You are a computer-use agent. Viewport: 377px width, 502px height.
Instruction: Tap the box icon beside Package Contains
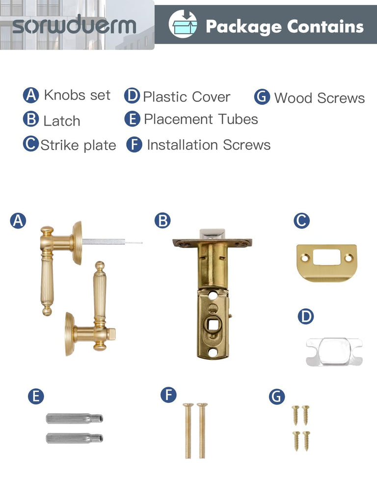pos(183,24)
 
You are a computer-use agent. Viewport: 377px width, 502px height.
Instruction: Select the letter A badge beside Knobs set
pos(31,95)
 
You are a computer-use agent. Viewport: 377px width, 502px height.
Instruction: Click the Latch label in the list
pos(61,121)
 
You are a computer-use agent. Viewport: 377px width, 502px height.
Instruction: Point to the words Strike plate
pos(78,145)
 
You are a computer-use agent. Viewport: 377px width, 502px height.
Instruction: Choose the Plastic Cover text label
pos(187,97)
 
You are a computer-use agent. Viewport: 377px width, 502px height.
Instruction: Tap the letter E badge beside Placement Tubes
pos(133,119)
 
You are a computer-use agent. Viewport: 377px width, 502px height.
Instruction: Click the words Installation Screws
pos(209,145)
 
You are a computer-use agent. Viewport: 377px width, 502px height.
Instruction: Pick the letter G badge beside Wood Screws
pos(262,97)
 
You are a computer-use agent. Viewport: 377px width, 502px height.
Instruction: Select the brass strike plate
pos(326,263)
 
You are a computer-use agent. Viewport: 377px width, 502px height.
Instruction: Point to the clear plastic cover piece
pos(334,352)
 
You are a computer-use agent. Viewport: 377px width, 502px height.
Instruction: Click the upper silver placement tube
pos(75,419)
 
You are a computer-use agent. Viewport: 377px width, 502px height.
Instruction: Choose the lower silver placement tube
pos(75,438)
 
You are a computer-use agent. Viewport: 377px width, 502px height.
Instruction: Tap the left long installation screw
pos(188,430)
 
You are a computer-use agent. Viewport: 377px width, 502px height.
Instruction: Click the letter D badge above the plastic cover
pos(305,316)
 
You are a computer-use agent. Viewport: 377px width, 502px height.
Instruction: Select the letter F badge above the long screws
pos(169,395)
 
